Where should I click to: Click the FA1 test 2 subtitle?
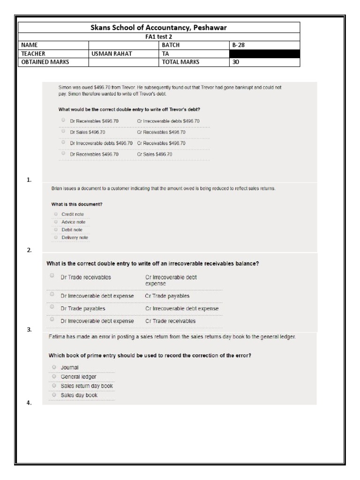coord(158,37)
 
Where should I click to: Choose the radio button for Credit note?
coord(56,214)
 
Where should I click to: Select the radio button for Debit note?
coord(56,229)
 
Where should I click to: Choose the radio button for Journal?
coord(54,367)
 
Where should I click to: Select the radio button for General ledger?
coord(54,376)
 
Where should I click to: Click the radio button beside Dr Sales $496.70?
coord(63,131)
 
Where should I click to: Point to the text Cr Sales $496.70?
coord(155,154)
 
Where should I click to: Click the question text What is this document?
coord(76,204)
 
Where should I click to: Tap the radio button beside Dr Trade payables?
coord(52,307)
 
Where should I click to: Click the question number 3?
coord(29,330)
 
